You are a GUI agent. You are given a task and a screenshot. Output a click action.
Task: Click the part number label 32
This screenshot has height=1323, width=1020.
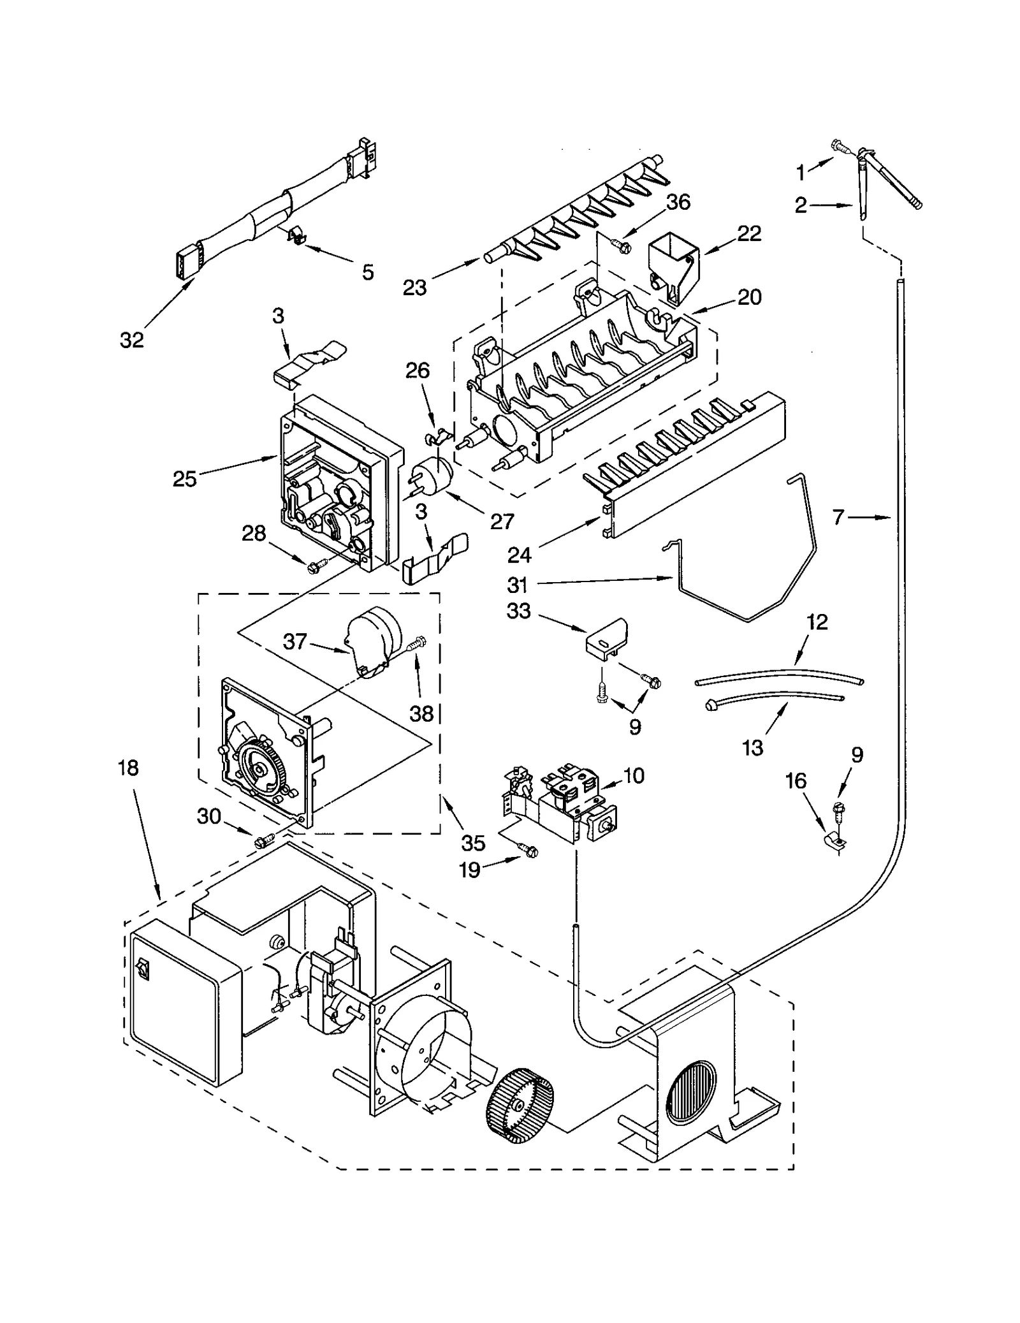pos(132,340)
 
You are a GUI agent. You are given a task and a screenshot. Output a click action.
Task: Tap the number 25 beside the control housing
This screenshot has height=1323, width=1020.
pos(184,479)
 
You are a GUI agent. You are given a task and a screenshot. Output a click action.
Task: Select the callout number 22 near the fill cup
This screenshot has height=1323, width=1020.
pos(748,233)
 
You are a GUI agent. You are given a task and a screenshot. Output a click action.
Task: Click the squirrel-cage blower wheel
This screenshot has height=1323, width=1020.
pos(520,1100)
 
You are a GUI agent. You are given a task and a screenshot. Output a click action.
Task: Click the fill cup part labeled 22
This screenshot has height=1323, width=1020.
pos(671,267)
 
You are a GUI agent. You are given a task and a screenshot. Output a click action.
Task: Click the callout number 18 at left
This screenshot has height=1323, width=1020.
pos(128,768)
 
